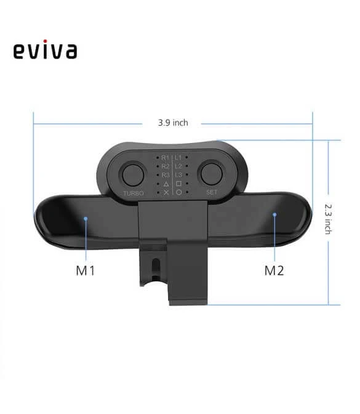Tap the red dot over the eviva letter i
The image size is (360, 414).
(x=45, y=41)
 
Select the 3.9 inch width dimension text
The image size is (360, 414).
(x=173, y=123)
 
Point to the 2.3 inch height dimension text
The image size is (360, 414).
(x=327, y=219)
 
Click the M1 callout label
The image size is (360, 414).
(x=85, y=270)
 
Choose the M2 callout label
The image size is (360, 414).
(x=274, y=270)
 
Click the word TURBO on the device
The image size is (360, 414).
(x=134, y=193)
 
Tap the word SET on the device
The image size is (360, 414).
(x=212, y=192)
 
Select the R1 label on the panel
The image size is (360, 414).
(x=165, y=158)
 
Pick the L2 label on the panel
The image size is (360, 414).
(x=178, y=166)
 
